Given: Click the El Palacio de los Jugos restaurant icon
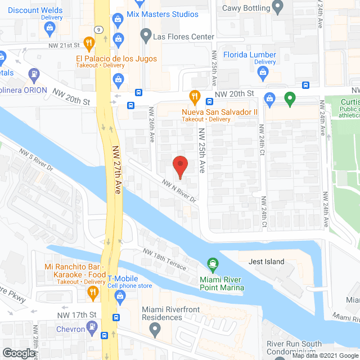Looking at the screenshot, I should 88,42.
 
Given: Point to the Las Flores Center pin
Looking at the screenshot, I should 146,37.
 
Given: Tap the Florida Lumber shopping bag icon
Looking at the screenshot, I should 263,71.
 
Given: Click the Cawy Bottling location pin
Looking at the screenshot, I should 278,7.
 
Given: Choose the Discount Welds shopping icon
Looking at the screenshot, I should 51,27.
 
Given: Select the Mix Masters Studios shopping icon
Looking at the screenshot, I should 118,20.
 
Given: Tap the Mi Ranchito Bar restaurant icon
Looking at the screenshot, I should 93,291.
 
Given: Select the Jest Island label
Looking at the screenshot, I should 267,262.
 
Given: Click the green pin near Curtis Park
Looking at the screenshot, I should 290,99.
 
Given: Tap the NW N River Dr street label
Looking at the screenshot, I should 178,191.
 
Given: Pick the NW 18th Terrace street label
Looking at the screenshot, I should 165,259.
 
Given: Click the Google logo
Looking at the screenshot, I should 18,353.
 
